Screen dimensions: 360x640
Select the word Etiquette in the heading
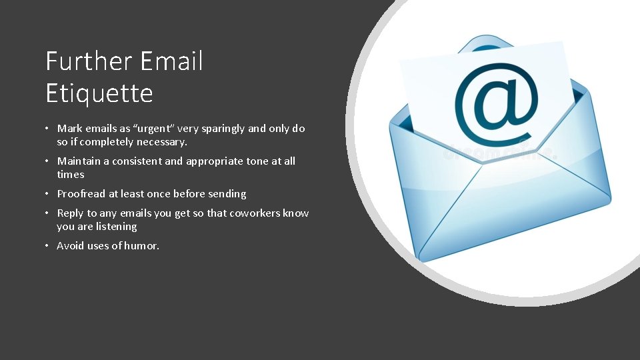click(99, 93)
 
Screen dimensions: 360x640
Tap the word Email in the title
click(171, 62)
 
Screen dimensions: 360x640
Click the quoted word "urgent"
click(154, 129)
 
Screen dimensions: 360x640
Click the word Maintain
click(79, 161)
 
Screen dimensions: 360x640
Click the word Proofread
click(81, 194)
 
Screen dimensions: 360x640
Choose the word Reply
click(70, 213)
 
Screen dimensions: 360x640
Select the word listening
click(115, 227)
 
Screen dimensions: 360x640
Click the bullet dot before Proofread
click(49, 194)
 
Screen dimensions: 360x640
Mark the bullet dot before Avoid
click(49, 246)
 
